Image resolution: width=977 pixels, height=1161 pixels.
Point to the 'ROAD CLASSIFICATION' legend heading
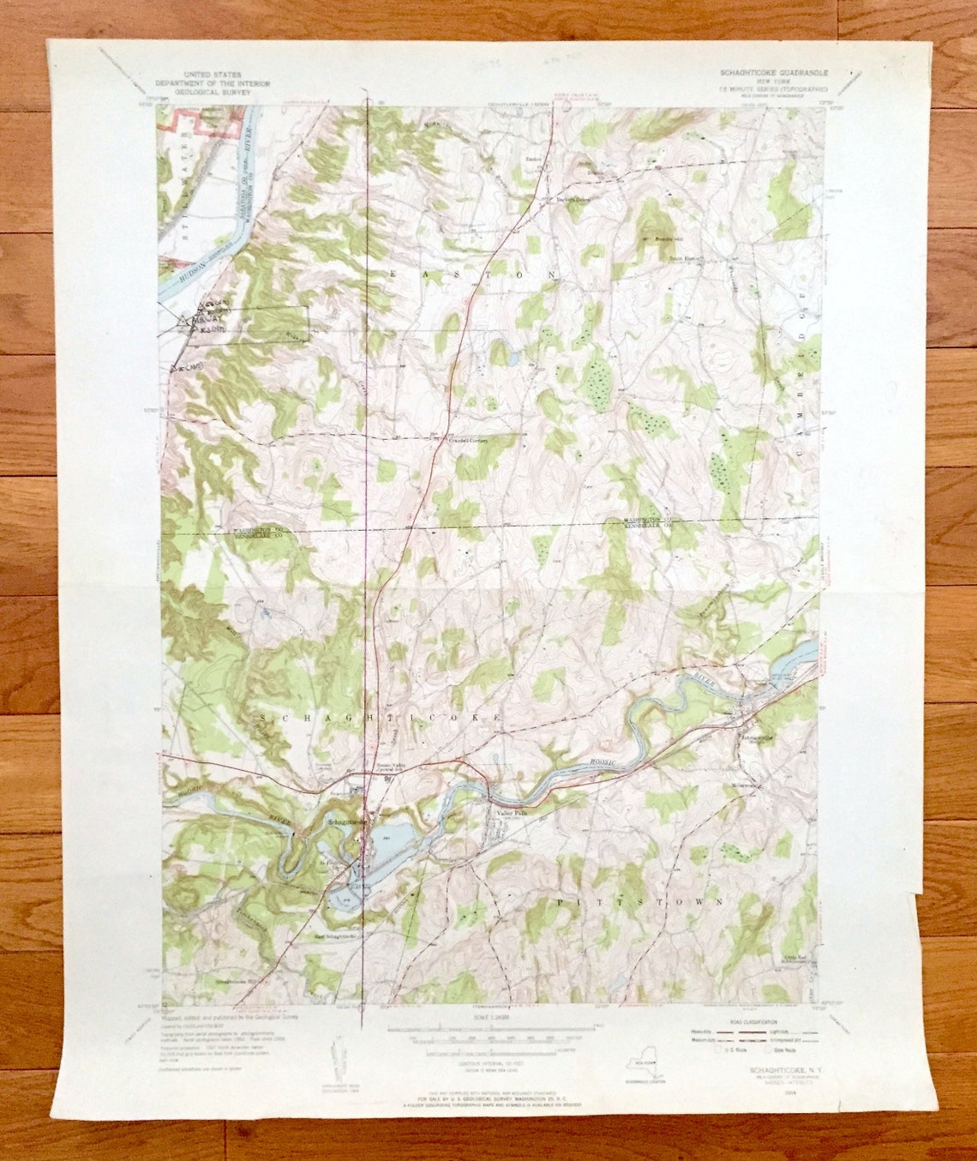coord(752,1022)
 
